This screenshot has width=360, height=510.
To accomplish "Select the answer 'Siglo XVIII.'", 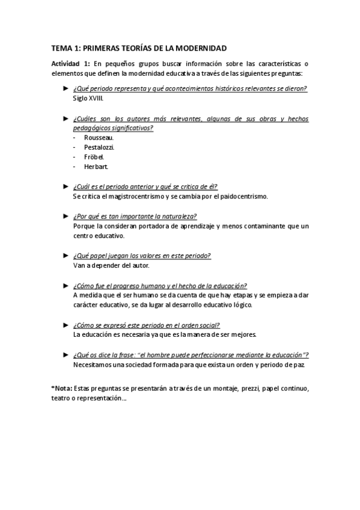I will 88,98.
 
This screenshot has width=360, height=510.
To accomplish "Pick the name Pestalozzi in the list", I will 100,147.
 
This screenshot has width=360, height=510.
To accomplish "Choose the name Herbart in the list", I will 97,166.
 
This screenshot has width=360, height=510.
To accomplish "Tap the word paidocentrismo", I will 242,196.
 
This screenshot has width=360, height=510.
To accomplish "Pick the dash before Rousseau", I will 75,137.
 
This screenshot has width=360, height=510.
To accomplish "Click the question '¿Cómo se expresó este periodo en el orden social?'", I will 147,324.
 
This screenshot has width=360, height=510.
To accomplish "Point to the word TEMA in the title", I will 61,48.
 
